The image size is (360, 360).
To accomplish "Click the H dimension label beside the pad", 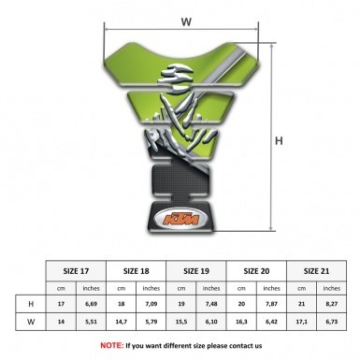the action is click(x=279, y=141).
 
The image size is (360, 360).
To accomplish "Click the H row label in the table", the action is click(x=31, y=305).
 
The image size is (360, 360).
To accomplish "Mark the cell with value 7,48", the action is click(x=214, y=305).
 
